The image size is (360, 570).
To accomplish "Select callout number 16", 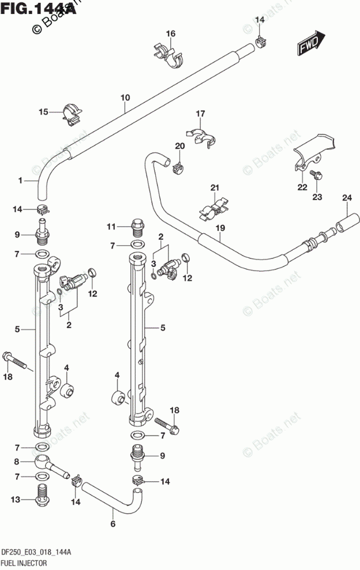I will (170, 34).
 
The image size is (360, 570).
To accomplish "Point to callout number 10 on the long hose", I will (125, 97).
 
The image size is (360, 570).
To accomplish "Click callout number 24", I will (346, 198).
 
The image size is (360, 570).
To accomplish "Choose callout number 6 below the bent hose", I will (112, 524).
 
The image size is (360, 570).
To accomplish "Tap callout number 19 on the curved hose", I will (219, 228).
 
